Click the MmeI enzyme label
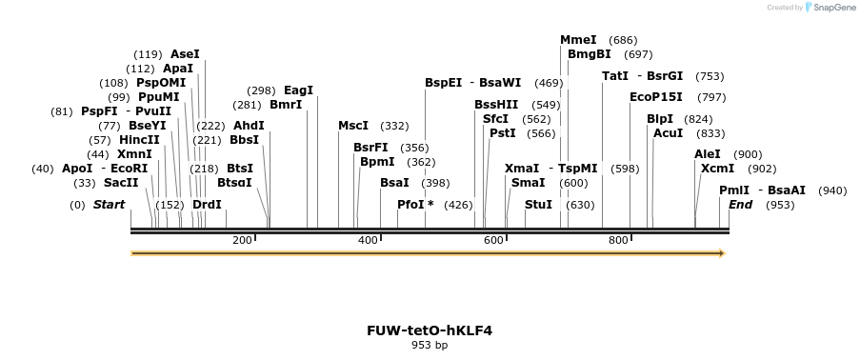pyautogui.click(x=578, y=40)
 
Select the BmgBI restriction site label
pyautogui.click(x=590, y=54)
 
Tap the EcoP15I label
pyautogui.click(x=656, y=97)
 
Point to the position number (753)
pyautogui.click(x=710, y=76)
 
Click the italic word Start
pyautogui.click(x=110, y=205)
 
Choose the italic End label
pyautogui.click(x=740, y=205)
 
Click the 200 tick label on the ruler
pyautogui.click(x=242, y=240)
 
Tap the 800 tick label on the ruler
pyautogui.click(x=618, y=240)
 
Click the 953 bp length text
pyautogui.click(x=430, y=345)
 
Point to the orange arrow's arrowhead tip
pyautogui.click(x=726, y=253)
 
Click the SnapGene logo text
pyautogui.click(x=835, y=7)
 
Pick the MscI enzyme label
pyautogui.click(x=353, y=126)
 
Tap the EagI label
pyautogui.click(x=298, y=90)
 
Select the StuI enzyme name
pyautogui.click(x=539, y=205)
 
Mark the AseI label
pyautogui.click(x=186, y=54)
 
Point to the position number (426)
pyautogui.click(x=458, y=205)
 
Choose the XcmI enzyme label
pyautogui.click(x=717, y=169)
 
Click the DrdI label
pyautogui.click(x=207, y=205)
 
